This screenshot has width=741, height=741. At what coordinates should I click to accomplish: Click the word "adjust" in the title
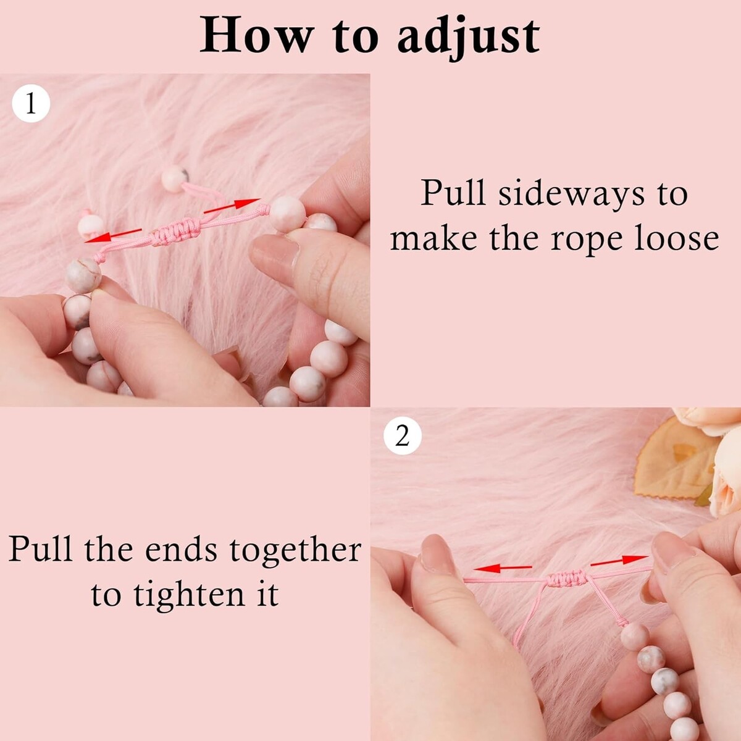tap(468, 37)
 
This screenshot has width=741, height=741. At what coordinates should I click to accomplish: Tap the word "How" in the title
tap(255, 36)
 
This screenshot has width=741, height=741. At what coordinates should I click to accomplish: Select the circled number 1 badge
tap(31, 104)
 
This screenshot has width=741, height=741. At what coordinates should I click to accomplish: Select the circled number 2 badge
tap(403, 437)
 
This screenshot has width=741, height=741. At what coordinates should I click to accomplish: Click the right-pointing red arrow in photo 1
tap(232, 206)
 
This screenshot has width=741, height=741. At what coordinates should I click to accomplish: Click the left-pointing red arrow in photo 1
tap(113, 235)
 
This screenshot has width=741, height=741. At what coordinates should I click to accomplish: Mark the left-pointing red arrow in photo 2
tap(503, 567)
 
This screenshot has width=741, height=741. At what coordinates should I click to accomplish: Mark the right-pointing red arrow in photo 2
tap(619, 561)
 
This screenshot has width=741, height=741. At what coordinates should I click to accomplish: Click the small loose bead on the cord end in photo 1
tap(175, 178)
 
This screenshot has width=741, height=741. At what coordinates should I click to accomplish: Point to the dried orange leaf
tap(676, 459)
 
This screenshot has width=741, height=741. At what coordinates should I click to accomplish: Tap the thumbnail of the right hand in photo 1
tap(275, 254)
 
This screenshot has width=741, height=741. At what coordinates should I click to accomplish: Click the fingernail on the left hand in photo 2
tap(435, 552)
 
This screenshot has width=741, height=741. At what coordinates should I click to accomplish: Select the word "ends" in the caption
tap(180, 550)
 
